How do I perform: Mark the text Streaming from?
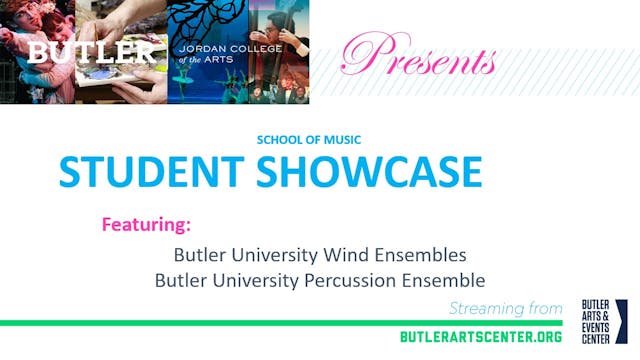pos(511,307)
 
